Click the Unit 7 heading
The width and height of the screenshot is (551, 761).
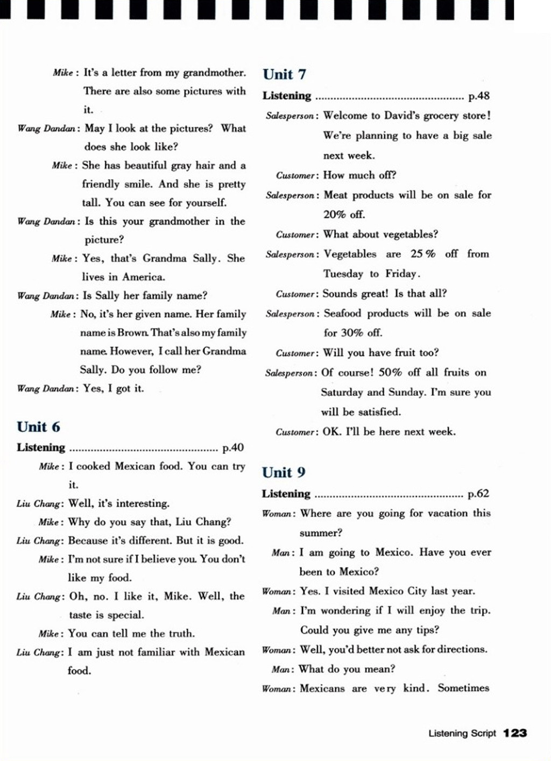284,74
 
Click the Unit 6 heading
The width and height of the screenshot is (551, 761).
38,427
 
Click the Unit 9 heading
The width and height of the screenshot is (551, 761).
284,473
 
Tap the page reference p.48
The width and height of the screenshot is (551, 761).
478,96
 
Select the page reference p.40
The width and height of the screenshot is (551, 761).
233,447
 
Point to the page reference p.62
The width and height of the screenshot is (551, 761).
478,494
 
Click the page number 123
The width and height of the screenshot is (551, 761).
515,733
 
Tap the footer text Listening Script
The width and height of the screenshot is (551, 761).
462,733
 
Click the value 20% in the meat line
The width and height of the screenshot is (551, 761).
335,215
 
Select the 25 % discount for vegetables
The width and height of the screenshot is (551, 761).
423,254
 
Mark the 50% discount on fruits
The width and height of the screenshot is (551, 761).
390,373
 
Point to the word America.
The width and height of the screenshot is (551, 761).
144,277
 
